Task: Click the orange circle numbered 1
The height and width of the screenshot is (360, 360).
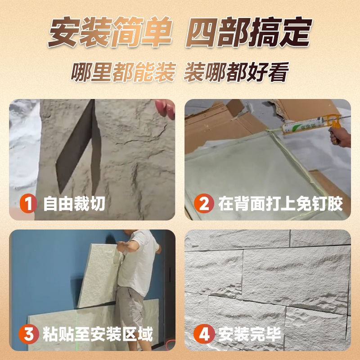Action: tap(28, 203)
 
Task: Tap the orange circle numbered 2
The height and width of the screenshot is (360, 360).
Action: tap(204, 203)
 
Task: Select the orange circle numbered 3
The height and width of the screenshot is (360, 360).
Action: tap(29, 334)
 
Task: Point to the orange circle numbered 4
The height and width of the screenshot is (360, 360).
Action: tap(204, 334)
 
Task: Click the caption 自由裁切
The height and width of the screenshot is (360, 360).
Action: tap(74, 204)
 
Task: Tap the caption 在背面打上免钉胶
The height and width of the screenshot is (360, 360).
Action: tap(280, 204)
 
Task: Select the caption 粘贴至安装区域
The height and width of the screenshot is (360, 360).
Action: tap(98, 334)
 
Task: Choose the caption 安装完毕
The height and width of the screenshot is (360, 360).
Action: tap(250, 334)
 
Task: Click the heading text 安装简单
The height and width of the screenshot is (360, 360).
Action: tap(110, 32)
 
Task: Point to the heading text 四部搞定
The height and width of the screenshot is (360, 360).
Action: tap(249, 32)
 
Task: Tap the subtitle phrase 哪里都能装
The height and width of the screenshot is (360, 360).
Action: tap(123, 72)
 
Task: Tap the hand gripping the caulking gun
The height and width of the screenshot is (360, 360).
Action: tap(340, 136)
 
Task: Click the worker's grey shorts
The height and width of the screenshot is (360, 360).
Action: tap(129, 308)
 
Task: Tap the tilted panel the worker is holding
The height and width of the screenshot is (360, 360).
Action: tap(99, 275)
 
